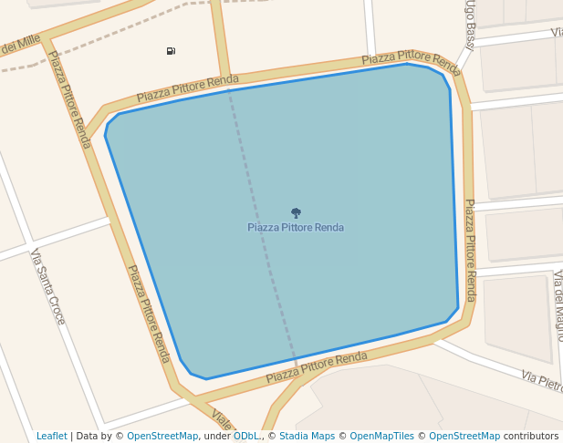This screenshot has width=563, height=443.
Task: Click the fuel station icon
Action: [171, 51]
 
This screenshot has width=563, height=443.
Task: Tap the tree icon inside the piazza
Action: [296, 213]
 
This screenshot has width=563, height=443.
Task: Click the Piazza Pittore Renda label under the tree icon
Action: [296, 227]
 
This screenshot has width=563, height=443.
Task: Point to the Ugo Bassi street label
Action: [470, 25]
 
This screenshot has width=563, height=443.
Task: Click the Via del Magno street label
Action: [558, 305]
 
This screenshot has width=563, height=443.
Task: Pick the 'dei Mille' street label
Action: [20, 43]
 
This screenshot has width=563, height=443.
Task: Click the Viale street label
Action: [222, 419]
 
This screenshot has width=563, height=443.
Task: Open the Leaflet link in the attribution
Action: [51, 436]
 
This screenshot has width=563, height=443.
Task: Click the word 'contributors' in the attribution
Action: [531, 436]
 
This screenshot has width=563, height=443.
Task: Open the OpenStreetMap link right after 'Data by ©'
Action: [162, 436]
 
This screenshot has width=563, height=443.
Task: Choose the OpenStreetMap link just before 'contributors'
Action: [470, 436]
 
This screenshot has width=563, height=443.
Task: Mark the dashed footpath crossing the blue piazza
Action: [262, 228]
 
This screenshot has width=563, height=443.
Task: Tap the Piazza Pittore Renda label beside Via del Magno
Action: [470, 250]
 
